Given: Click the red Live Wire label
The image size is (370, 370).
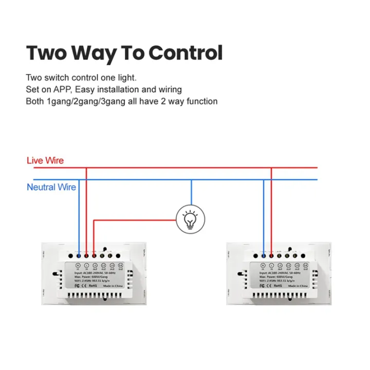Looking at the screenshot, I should (x=45, y=160).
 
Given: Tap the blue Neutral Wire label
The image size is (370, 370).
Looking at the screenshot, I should (x=51, y=187).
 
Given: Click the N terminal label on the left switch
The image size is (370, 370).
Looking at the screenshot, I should (x=78, y=266).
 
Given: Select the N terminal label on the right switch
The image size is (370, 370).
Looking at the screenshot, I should (x=263, y=266).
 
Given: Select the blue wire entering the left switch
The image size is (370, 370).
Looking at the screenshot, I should (x=79, y=221).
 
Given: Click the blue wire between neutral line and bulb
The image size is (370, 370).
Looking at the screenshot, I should (x=192, y=193).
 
